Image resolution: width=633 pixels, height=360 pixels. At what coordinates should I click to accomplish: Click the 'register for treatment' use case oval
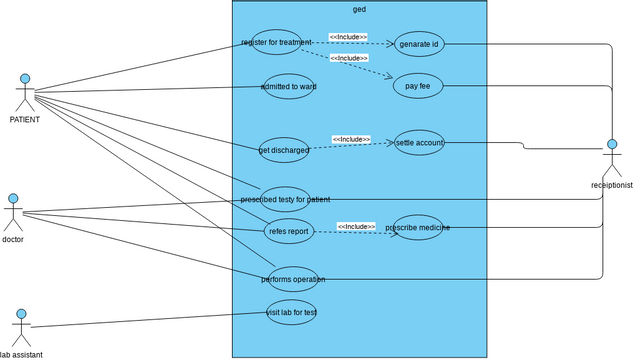click(x=276, y=42)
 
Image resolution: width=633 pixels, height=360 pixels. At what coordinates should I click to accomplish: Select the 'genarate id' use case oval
click(x=419, y=45)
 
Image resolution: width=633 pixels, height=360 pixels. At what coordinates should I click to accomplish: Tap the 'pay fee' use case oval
click(x=418, y=87)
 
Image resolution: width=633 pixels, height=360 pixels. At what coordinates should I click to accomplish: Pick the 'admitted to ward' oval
click(x=288, y=87)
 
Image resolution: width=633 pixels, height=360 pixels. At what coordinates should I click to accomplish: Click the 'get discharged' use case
click(x=283, y=150)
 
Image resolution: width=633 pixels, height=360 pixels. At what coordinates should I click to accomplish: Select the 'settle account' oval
click(x=419, y=142)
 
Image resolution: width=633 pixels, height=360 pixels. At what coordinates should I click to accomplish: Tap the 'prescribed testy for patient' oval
click(x=285, y=199)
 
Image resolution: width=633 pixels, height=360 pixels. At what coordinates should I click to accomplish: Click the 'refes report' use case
click(x=289, y=230)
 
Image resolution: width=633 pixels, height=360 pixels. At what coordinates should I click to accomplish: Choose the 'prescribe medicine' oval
click(x=418, y=227)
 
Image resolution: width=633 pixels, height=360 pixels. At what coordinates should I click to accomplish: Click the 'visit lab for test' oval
click(x=291, y=312)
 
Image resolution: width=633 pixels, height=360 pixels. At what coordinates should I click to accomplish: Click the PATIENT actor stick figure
click(x=25, y=93)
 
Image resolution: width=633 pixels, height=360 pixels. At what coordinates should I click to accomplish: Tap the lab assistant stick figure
click(x=19, y=326)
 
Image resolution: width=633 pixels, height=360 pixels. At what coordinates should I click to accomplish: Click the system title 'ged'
click(x=359, y=9)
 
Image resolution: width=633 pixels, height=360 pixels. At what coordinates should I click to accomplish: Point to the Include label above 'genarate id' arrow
click(x=348, y=37)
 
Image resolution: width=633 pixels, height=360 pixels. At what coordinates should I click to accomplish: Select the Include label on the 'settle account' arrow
click(x=351, y=139)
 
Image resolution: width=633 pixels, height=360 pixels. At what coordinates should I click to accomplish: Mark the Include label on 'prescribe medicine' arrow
click(x=355, y=226)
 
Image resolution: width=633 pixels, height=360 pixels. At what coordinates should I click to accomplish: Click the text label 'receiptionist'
click(x=611, y=185)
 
